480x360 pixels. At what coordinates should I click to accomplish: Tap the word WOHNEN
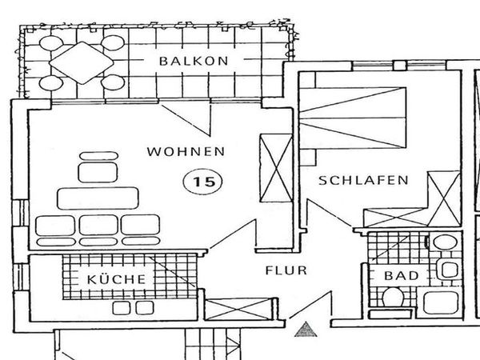point(185,151)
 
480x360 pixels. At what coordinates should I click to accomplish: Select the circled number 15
point(203,182)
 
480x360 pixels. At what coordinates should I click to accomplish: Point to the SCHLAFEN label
point(363,181)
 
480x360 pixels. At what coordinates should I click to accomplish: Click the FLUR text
point(286,270)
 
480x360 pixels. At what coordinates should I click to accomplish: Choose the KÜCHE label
point(116,279)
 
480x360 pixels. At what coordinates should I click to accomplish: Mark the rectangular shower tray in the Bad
point(441,302)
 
